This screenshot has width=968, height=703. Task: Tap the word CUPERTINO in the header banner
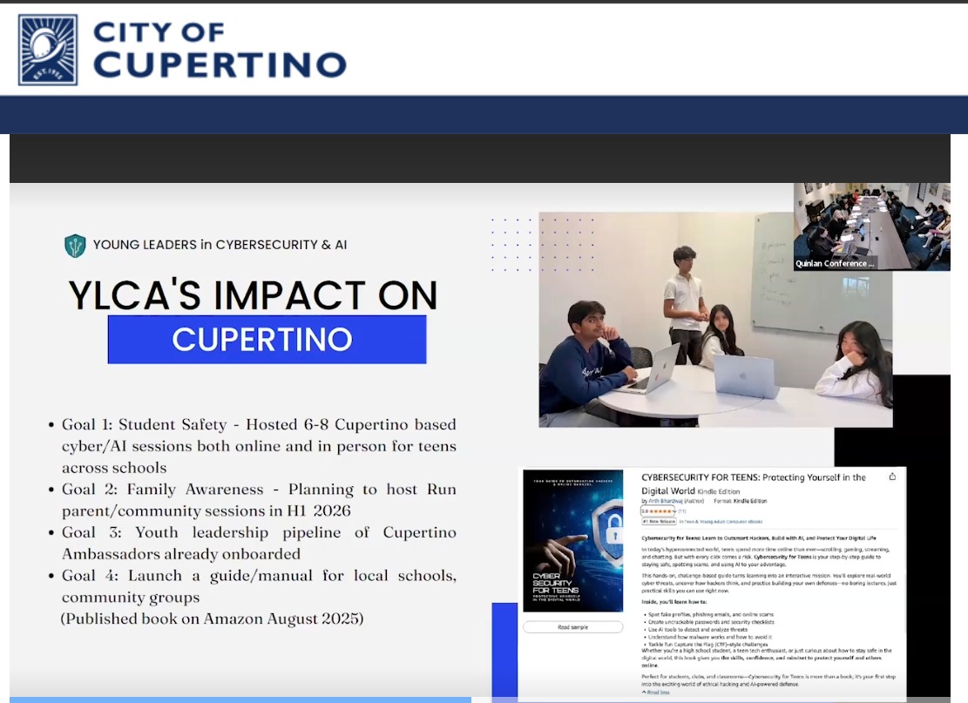220,64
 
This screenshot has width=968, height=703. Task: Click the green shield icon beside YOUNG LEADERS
75,246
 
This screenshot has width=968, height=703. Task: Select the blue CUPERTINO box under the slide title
267,339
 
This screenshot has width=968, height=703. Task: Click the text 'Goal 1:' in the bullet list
86,425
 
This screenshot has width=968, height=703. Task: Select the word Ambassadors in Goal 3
112,554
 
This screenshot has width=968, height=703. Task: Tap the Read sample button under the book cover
572,627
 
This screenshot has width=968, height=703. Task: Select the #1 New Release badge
659,522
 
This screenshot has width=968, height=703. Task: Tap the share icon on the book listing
892,477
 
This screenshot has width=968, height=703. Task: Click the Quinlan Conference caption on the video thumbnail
834,263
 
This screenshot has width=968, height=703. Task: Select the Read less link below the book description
659,693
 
